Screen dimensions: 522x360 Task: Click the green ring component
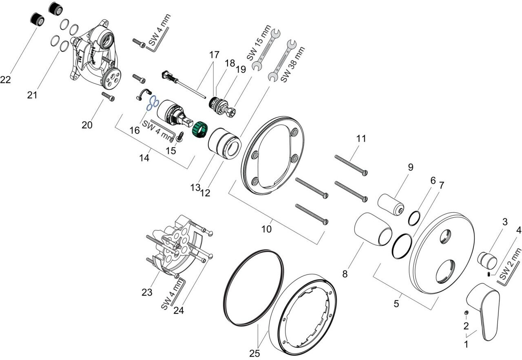[x=199, y=130]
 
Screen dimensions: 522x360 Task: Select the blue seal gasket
[x=153, y=103]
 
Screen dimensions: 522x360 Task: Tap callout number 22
[x=5, y=80]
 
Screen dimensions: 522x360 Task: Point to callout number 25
[x=254, y=353]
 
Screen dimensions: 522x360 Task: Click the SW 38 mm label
[x=293, y=64]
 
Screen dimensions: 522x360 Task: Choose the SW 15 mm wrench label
[x=259, y=43]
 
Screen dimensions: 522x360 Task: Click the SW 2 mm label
[x=510, y=264]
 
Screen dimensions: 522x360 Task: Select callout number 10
[x=266, y=229]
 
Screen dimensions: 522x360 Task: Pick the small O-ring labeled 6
[x=414, y=218]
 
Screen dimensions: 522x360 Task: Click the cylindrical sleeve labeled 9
[x=391, y=204]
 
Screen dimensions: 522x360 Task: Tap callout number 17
[x=214, y=55]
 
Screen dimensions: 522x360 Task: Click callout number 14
[x=144, y=158]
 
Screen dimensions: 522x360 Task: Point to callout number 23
[x=147, y=292]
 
